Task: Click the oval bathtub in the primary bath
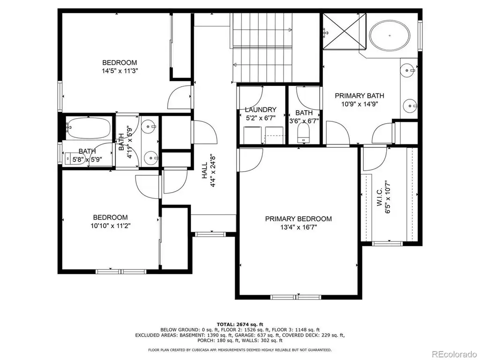click(390, 35)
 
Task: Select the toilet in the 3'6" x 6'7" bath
click(304, 133)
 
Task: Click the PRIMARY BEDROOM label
click(298, 219)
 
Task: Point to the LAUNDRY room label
click(261, 110)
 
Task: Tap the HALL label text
click(204, 170)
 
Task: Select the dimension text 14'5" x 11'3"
click(120, 71)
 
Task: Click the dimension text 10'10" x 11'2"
click(110, 226)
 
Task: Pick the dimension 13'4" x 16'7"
click(299, 227)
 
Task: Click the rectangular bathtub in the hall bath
click(89, 127)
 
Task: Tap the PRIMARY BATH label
click(360, 96)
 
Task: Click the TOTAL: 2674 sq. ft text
click(240, 324)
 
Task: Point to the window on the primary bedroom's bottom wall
click(296, 297)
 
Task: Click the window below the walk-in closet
click(387, 244)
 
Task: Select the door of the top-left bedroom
click(180, 98)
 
